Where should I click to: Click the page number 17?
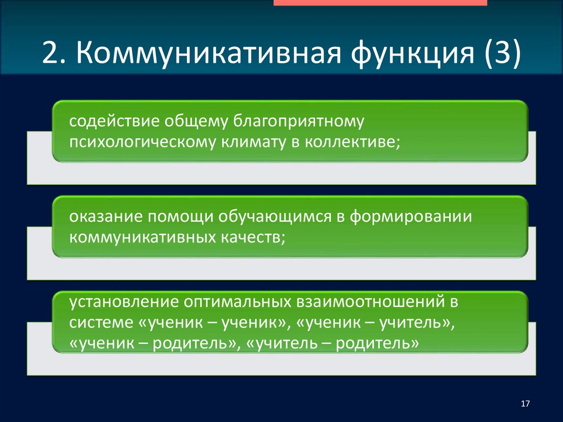(x=525, y=404)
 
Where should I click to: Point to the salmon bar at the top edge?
(x=380, y=3)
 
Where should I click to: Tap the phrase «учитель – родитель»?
(x=333, y=343)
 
